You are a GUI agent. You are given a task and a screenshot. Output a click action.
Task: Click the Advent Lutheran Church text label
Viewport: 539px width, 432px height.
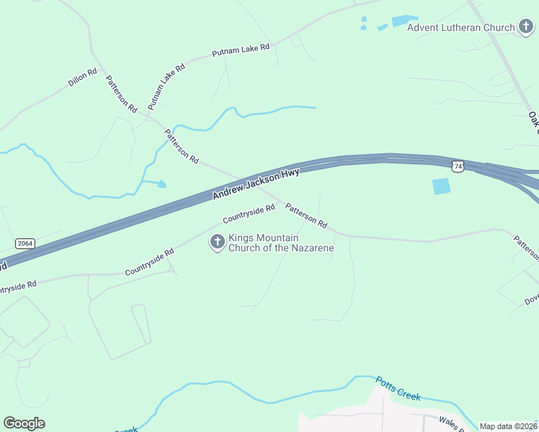coord(460,28)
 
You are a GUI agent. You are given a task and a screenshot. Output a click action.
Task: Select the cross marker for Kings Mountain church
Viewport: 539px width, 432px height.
coord(217,243)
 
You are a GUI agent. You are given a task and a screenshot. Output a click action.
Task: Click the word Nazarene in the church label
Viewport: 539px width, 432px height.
coord(312,248)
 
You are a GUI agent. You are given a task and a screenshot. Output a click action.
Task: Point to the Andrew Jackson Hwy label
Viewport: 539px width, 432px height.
coord(256,185)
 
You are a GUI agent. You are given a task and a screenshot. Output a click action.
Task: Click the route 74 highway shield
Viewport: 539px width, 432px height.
coord(458,166)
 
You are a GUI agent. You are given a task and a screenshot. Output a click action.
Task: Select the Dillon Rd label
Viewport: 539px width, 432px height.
coord(83,78)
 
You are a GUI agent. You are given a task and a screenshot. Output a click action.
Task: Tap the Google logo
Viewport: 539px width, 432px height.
coord(24,423)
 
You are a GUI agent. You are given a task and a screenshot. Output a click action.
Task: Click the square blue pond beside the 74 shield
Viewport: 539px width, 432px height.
coord(441,186)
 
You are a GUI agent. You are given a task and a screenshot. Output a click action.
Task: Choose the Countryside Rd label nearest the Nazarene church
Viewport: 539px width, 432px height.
coord(249,213)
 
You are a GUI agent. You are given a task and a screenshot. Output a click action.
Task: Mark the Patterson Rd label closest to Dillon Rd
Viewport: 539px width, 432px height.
coord(121,94)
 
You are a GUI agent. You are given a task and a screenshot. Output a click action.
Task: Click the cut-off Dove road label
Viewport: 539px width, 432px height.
coord(532,297)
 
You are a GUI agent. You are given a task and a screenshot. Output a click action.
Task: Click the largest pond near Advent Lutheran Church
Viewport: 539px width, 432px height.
coord(405,21)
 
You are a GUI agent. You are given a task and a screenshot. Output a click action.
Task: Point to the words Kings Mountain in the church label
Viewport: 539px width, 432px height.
coord(264,238)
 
